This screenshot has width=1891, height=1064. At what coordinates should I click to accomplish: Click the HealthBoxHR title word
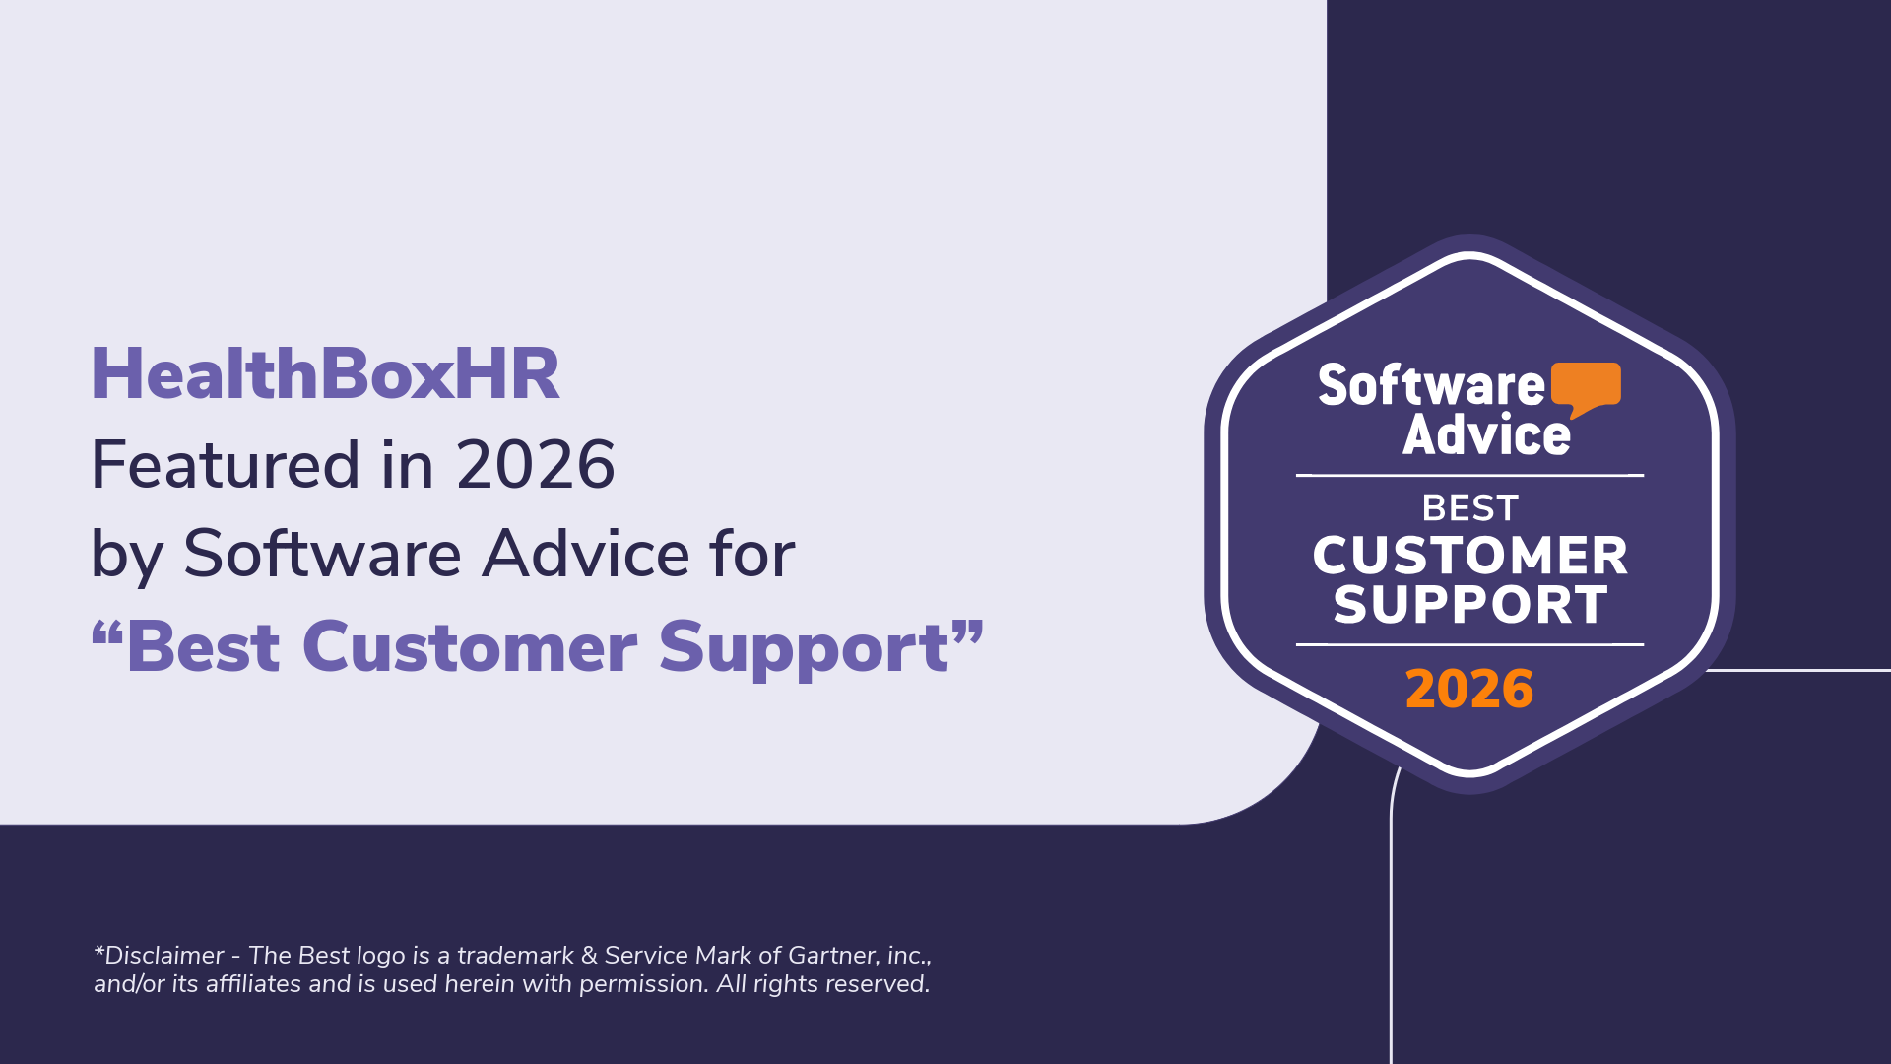(x=325, y=374)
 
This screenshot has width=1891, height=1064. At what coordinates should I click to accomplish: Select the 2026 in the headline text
(x=536, y=465)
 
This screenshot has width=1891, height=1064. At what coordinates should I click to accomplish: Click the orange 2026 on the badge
(x=1469, y=689)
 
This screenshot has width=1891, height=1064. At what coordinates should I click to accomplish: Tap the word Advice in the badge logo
(x=1486, y=434)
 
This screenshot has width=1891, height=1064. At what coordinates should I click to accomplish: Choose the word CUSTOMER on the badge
(x=1469, y=556)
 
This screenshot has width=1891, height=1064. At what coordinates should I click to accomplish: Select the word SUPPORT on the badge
(x=1470, y=604)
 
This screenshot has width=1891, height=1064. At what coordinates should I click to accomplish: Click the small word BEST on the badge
(x=1470, y=508)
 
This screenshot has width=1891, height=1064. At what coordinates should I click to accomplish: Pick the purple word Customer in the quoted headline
(x=470, y=647)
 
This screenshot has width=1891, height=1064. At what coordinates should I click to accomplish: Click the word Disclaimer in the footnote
(x=164, y=956)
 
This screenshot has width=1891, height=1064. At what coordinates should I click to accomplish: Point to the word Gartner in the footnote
(x=833, y=956)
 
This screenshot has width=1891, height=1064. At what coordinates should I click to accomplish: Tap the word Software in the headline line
(x=322, y=554)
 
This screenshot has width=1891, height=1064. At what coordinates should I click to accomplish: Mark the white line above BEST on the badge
(x=1469, y=476)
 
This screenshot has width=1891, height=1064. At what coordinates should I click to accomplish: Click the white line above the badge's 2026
(x=1469, y=645)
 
